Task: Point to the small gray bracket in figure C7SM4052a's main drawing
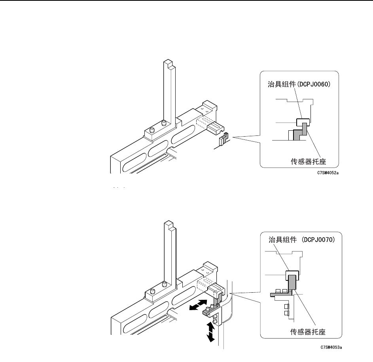[x=223, y=139]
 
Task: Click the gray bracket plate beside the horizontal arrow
[x=209, y=312]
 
